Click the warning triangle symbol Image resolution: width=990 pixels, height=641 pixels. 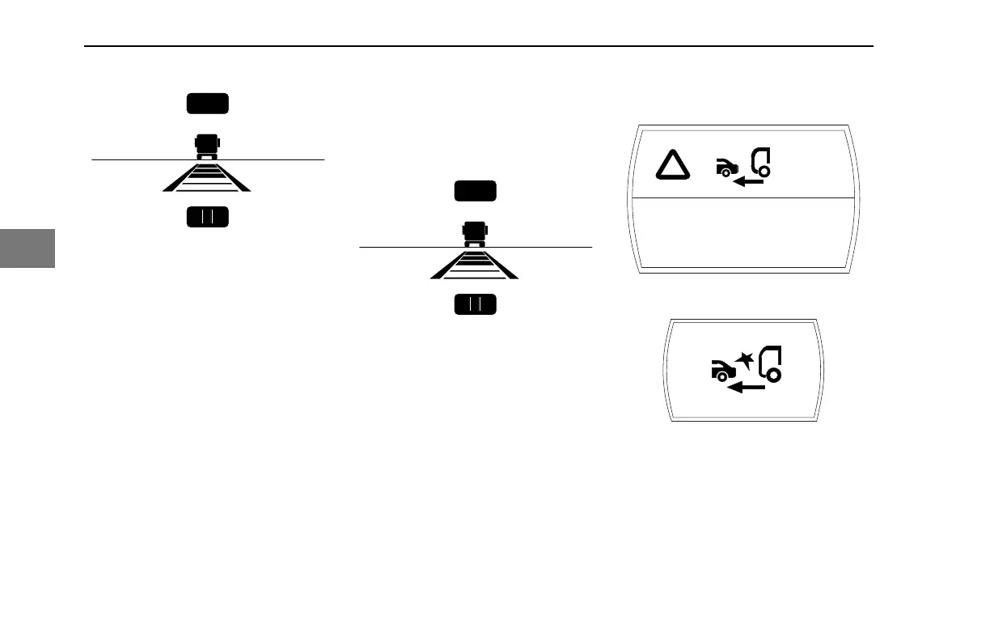[x=672, y=165]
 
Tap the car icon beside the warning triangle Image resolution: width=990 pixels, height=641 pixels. [x=726, y=168]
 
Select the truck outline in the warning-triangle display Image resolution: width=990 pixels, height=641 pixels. [x=761, y=161]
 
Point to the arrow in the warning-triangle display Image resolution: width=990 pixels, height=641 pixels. [x=748, y=183]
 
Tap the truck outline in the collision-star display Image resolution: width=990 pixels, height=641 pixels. [x=769, y=363]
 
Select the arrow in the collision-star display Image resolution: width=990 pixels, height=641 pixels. [x=745, y=388]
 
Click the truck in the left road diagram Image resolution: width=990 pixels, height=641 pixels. [x=207, y=146]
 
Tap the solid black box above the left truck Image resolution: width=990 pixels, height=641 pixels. [x=207, y=104]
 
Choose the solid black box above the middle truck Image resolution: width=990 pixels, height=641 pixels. [x=476, y=191]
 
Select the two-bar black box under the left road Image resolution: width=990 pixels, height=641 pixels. [x=207, y=217]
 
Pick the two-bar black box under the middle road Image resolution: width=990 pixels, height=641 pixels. [x=476, y=304]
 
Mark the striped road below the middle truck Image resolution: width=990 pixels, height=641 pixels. [x=476, y=265]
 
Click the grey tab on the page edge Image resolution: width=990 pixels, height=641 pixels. [x=27, y=248]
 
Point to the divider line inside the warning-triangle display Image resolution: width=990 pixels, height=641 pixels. [x=742, y=197]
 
